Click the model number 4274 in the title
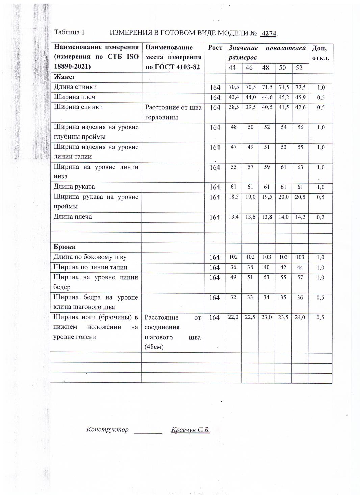pos(269,33)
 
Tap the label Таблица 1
pos(69,32)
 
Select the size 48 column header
pos(266,68)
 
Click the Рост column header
pos(215,48)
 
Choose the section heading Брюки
pos(65,247)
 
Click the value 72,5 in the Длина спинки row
pos(300,87)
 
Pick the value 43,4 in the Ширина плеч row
pos(234,97)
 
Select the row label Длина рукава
pos(74,187)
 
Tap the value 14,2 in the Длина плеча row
pos(300,217)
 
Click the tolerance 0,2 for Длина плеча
pos(320,217)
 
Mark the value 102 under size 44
pos(233,257)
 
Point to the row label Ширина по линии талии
pos(91,267)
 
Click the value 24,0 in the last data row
pos(300,317)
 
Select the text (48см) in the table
pos(154,347)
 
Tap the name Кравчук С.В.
pos(190,430)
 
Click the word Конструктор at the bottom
pos(107,429)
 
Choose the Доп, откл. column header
pos(320,53)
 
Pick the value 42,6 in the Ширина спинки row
pos(300,107)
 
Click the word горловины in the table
pos(161,117)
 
